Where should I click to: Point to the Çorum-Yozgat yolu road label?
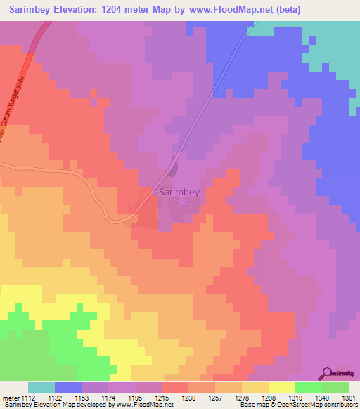tap(15, 105)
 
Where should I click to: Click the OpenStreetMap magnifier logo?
tap(328, 373)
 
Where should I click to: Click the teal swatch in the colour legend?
tap(41, 387)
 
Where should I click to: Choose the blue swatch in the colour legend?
tap(67, 387)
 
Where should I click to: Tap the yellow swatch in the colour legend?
tap(281, 387)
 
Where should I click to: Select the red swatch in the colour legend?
tap(175, 387)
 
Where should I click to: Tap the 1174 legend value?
tap(110, 397)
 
